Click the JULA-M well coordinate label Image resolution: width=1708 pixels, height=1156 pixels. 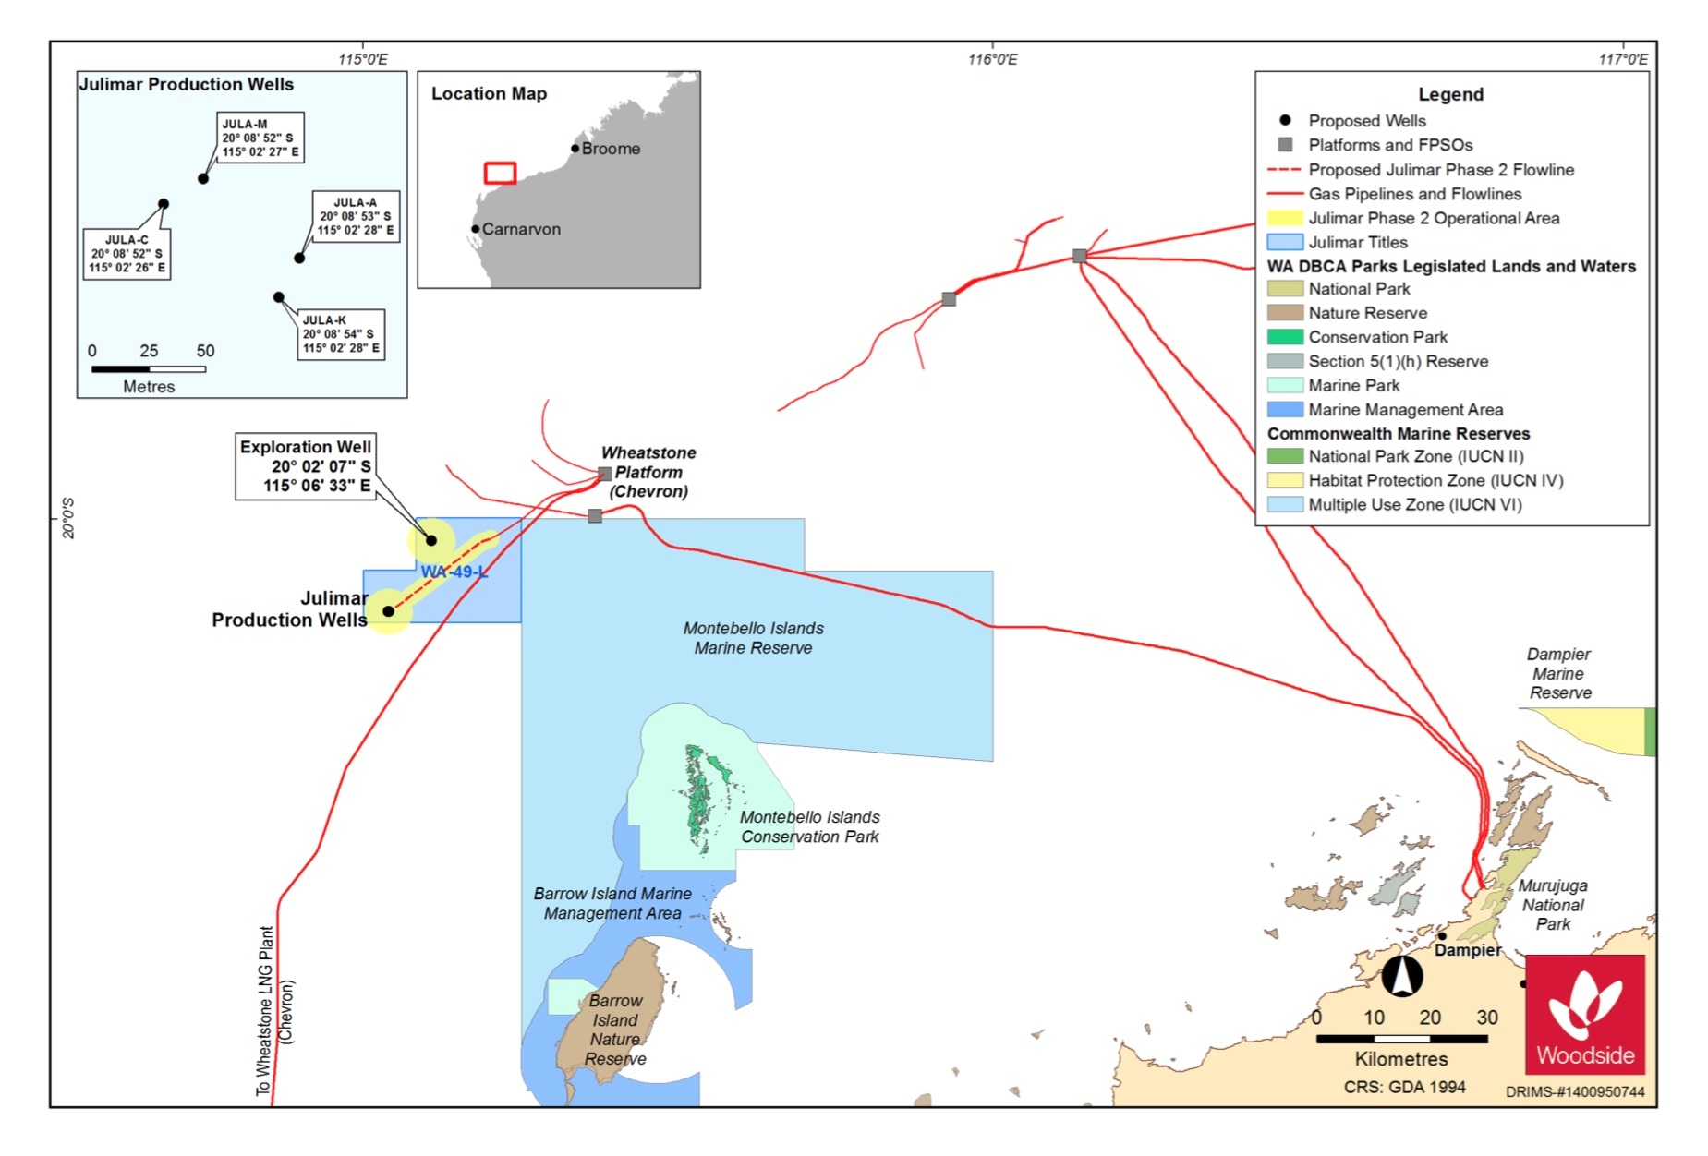(x=260, y=138)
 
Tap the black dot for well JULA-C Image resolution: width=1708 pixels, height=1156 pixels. (x=164, y=204)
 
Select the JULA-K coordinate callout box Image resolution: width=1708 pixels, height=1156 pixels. (x=340, y=334)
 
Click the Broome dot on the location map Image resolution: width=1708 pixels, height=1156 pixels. (x=575, y=149)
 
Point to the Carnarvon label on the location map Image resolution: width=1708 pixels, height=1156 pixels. (x=521, y=229)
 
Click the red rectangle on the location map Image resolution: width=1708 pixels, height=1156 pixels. (x=500, y=173)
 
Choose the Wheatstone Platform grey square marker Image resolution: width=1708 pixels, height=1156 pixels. (x=605, y=474)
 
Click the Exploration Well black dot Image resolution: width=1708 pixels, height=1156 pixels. (x=431, y=540)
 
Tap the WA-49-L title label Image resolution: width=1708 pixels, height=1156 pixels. (x=454, y=572)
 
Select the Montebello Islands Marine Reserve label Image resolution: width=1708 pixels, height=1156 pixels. (x=753, y=638)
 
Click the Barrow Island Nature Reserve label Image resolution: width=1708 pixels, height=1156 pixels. (x=615, y=1030)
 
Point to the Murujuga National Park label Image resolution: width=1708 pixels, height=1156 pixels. (x=1553, y=905)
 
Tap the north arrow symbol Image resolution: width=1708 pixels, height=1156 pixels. (x=1402, y=976)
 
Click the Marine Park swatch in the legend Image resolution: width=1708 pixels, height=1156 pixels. (x=1285, y=385)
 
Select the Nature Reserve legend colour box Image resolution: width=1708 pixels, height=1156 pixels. (x=1285, y=313)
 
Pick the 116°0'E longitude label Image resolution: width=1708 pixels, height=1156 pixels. (x=992, y=60)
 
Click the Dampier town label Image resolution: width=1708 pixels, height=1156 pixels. (x=1468, y=950)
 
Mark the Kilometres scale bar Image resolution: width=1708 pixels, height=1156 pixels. (x=1401, y=1039)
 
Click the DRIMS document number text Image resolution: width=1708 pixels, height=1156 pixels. (x=1575, y=1091)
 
